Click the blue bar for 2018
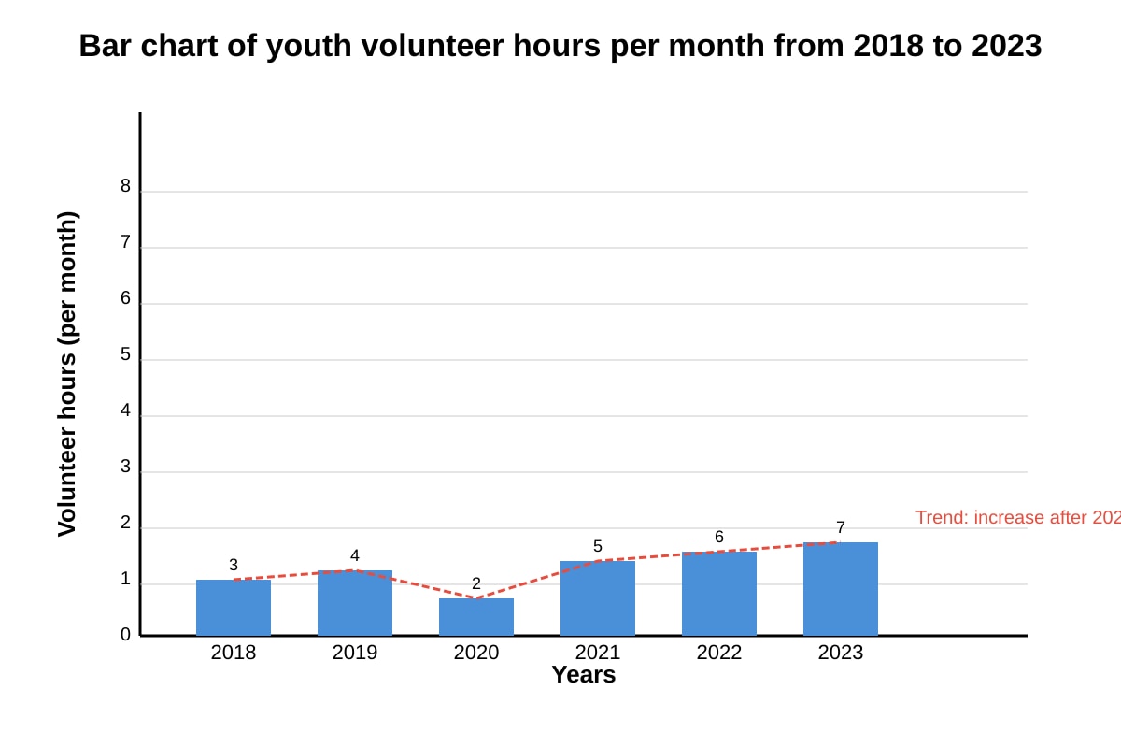(234, 607)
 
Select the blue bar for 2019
(355, 603)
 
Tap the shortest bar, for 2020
(476, 617)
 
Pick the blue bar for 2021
(598, 598)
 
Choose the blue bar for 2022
(719, 594)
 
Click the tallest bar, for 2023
(841, 589)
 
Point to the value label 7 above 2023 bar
(841, 527)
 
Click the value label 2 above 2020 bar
(476, 583)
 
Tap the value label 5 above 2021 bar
(598, 546)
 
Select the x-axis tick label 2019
(355, 653)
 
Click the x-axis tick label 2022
(719, 653)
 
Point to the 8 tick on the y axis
(125, 186)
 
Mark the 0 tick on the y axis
(125, 635)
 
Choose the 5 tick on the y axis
(125, 354)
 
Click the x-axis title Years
(584, 675)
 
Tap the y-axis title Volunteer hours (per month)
(67, 374)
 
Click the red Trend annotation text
(1018, 518)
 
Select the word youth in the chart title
(308, 46)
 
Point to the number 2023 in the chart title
(1006, 46)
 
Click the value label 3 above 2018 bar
(234, 565)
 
